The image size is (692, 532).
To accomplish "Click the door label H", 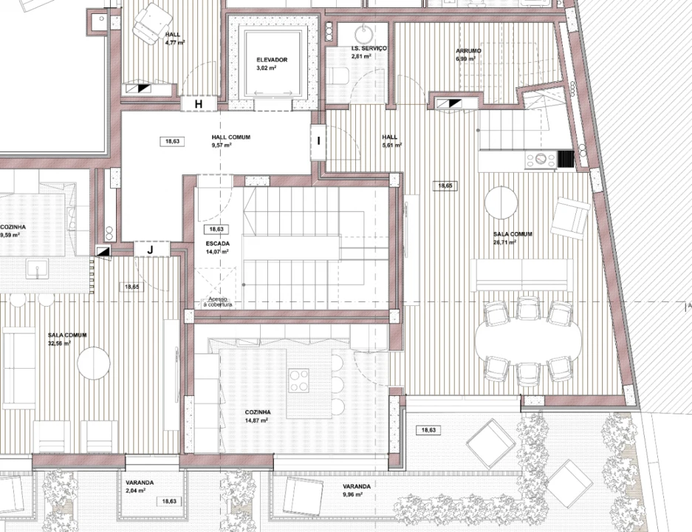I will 198,104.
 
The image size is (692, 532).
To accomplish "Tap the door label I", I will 318,140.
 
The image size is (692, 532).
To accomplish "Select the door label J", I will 151,250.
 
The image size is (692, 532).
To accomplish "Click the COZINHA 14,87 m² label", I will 258,415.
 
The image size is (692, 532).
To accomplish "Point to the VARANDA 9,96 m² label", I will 357,490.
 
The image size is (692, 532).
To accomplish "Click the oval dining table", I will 528,340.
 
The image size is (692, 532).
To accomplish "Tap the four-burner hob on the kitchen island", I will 299,381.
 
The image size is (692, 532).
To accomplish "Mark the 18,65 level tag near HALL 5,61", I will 445,186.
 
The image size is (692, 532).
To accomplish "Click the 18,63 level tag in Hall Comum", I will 172,140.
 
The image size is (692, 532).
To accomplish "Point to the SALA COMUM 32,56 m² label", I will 67,338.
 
